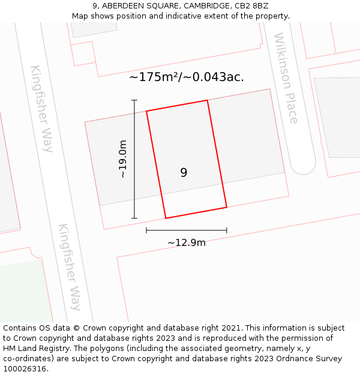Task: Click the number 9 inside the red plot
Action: point(184,173)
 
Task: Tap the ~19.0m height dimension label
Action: point(123,160)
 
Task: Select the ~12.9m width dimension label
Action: point(187,242)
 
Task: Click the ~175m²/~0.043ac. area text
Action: point(187,77)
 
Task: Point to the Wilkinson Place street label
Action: point(286,78)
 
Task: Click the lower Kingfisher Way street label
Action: point(70,266)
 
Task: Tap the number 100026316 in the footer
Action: point(26,369)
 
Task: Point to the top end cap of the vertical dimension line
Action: point(134,100)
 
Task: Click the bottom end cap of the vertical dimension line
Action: point(134,218)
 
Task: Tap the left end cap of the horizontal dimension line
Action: point(146,230)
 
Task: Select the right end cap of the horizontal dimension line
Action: point(227,230)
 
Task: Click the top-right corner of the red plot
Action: point(208,100)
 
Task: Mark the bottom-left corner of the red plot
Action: point(166,218)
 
